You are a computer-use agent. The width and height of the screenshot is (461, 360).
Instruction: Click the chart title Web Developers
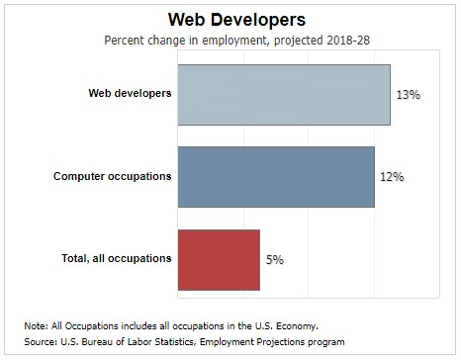pyautogui.click(x=230, y=20)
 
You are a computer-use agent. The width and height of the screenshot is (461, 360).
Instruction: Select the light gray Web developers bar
pyautogui.click(x=283, y=95)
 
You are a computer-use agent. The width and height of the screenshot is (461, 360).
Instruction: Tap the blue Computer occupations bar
pyautogui.click(x=276, y=177)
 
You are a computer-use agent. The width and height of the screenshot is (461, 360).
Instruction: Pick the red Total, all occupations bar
pyautogui.click(x=218, y=260)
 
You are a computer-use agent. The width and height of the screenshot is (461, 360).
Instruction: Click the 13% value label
pyautogui.click(x=409, y=95)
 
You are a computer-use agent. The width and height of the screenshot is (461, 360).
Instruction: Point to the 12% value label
pyautogui.click(x=393, y=177)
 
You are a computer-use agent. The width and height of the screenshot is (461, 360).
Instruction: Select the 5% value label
pyautogui.click(x=274, y=260)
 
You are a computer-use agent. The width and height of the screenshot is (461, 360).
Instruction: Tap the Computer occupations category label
pyautogui.click(x=112, y=177)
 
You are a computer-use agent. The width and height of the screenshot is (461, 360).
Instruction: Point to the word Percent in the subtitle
pyautogui.click(x=125, y=41)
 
